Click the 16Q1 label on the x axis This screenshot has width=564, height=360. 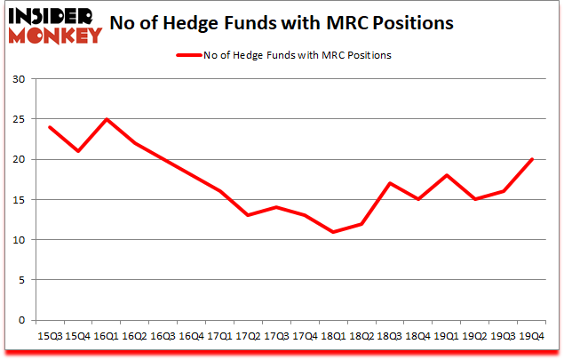(x=107, y=335)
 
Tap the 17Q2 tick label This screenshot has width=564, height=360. (x=248, y=335)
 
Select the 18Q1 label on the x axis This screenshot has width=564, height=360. (x=333, y=335)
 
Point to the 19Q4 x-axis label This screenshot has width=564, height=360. (x=531, y=335)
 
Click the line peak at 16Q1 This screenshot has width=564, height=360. (x=107, y=119)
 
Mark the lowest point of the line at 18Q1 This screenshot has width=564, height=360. (x=333, y=232)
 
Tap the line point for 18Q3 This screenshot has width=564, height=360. (x=390, y=183)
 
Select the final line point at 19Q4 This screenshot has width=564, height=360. (x=531, y=159)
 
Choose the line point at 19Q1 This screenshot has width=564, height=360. (x=447, y=175)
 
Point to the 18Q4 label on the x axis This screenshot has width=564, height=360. (x=418, y=335)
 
